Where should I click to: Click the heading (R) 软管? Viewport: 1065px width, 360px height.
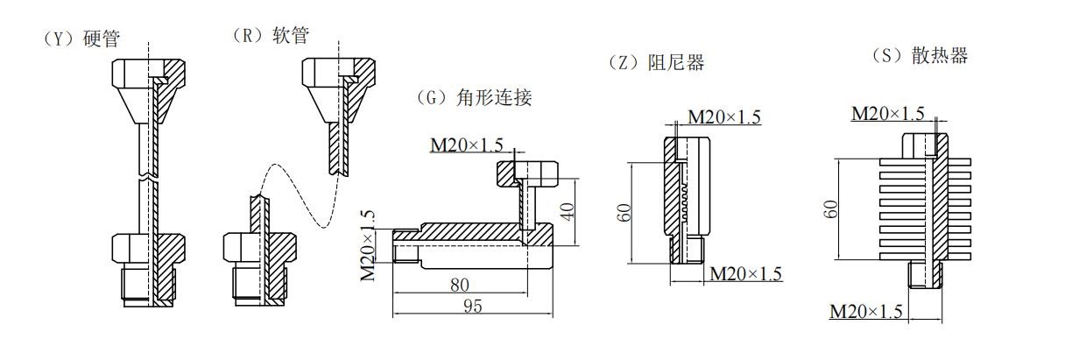pyautogui.click(x=271, y=35)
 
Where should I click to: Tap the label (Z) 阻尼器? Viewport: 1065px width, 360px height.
pyautogui.click(x=655, y=63)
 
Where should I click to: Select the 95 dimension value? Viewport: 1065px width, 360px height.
pyautogui.click(x=472, y=305)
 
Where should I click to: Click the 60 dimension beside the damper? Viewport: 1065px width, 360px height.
pyautogui.click(x=624, y=212)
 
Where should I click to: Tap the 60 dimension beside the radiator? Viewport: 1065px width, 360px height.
pyautogui.click(x=832, y=208)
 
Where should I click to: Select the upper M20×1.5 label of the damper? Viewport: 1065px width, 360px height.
pyautogui.click(x=723, y=117)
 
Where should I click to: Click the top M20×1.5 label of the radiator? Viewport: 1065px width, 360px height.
pyautogui.click(x=888, y=113)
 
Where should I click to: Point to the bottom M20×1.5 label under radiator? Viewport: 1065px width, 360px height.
pyautogui.click(x=865, y=311)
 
